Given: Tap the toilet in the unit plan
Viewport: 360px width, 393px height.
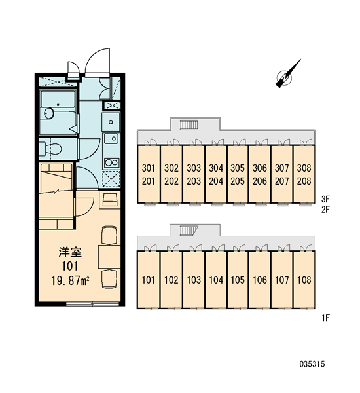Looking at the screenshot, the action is pyautogui.click(x=50, y=149).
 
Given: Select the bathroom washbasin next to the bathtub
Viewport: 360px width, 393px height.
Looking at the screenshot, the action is pyautogui.click(x=49, y=113).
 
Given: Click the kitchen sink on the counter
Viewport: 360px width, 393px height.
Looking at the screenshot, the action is pyautogui.click(x=111, y=139).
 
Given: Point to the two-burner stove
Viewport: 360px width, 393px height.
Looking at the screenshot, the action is pyautogui.click(x=111, y=162).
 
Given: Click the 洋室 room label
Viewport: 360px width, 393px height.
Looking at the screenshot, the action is pyautogui.click(x=71, y=252).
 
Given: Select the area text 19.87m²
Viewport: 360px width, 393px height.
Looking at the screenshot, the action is pyautogui.click(x=71, y=280).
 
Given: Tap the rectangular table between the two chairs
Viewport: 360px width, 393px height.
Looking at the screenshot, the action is pyautogui.click(x=109, y=257).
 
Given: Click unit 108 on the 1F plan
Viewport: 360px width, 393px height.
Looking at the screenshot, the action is pyautogui.click(x=304, y=280).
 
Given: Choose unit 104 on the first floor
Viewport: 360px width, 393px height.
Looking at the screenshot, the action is pyautogui.click(x=216, y=280).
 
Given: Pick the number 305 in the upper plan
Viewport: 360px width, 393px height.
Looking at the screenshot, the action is pyautogui.click(x=238, y=168).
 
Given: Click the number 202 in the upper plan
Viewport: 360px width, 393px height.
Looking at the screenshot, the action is pyautogui.click(x=171, y=181).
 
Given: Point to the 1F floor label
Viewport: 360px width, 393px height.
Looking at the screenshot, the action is pyautogui.click(x=325, y=318).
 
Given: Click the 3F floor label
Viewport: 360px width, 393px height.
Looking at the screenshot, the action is pyautogui.click(x=325, y=199).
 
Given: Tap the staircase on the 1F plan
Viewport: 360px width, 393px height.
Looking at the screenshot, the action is pyautogui.click(x=189, y=231).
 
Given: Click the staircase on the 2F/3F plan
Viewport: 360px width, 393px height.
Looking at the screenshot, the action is pyautogui.click(x=189, y=125).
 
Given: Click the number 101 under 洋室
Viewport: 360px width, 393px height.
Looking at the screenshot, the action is pyautogui.click(x=70, y=266).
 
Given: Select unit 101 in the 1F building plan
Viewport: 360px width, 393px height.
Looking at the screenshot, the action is pyautogui.click(x=149, y=280).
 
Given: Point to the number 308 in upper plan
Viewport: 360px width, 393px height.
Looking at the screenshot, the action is pyautogui.click(x=304, y=168).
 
